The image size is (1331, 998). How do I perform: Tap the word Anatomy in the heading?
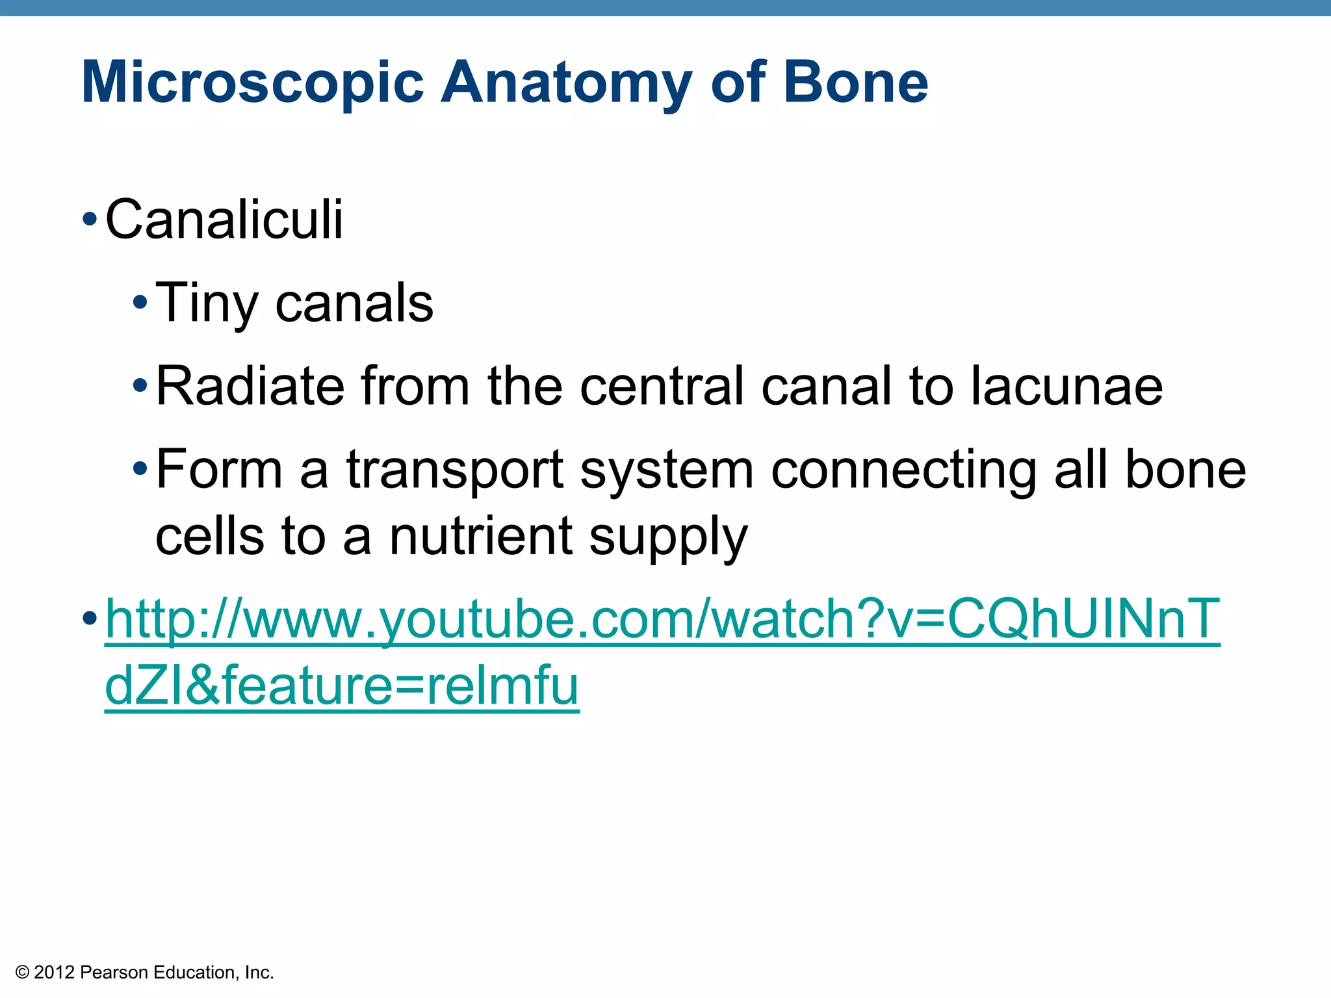(566, 83)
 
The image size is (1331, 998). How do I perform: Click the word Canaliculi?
(224, 220)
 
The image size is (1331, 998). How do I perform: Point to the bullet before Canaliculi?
(90, 220)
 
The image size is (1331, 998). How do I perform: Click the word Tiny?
(207, 303)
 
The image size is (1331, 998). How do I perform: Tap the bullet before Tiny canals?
(140, 303)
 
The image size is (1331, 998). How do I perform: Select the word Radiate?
(250, 386)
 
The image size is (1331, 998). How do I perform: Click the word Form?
(219, 469)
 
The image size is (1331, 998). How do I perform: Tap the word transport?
(454, 469)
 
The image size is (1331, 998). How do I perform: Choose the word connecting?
(903, 469)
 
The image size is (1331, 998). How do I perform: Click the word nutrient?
(481, 537)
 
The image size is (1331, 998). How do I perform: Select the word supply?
(669, 537)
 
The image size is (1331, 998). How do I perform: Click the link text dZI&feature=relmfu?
(341, 686)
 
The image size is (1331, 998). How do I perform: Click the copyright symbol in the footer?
(23, 972)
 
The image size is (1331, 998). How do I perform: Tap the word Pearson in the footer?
(114, 972)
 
